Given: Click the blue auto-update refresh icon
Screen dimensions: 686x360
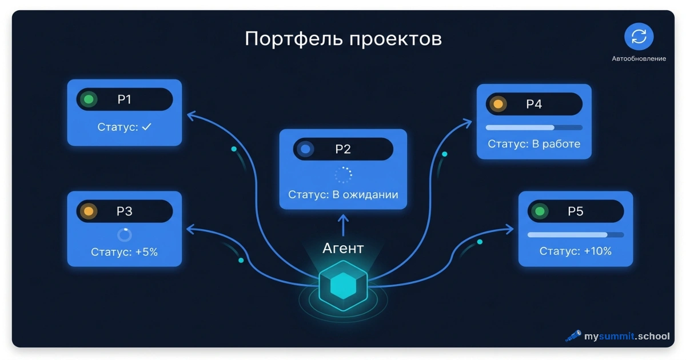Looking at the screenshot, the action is [x=639, y=37].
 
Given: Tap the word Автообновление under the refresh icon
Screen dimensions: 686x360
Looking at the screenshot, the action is [x=639, y=58].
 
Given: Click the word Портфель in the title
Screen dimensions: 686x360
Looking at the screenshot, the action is [x=293, y=39].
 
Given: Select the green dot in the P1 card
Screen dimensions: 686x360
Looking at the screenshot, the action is [x=89, y=99].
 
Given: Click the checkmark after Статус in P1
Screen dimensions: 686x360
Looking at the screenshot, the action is [x=147, y=127].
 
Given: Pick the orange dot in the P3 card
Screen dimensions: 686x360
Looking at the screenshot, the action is [x=89, y=211].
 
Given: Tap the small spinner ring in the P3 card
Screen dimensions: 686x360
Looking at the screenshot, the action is [x=125, y=235].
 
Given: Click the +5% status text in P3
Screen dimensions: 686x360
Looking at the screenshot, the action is [x=146, y=252].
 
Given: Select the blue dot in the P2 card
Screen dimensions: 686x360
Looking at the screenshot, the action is [x=305, y=149].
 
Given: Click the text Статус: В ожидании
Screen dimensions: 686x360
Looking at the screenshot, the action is [x=343, y=195].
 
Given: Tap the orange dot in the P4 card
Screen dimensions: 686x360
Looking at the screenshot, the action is [x=498, y=104].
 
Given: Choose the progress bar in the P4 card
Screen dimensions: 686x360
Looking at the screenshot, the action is [x=534, y=127].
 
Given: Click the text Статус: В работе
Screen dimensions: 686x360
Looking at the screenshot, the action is [x=534, y=144].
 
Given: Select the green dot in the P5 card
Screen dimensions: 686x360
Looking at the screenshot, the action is [x=540, y=211].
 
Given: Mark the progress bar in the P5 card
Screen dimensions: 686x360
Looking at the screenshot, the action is [x=576, y=235].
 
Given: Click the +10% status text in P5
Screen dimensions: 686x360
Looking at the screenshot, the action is [x=597, y=251].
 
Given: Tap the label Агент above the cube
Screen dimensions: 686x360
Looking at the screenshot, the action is [x=343, y=248].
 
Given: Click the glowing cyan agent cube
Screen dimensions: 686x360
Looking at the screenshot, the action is [x=343, y=286].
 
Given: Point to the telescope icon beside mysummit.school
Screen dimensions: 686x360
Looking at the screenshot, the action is [x=573, y=336].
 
